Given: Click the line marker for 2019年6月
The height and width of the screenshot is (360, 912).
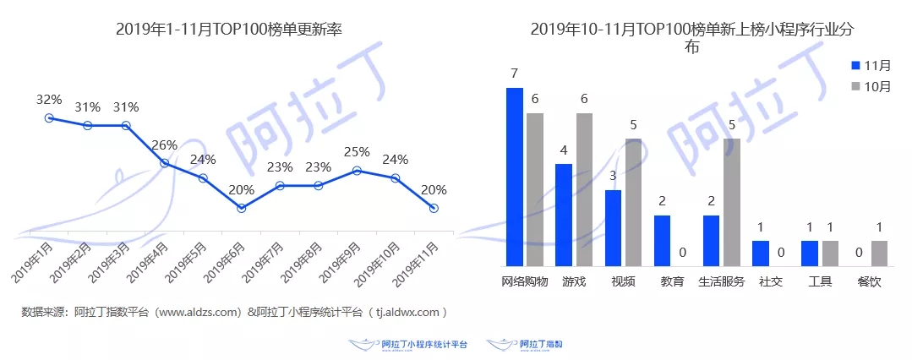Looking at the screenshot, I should point(242,207).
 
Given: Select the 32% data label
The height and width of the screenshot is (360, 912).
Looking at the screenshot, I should point(49,99).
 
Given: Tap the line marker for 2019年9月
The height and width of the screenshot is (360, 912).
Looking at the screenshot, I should point(357,170).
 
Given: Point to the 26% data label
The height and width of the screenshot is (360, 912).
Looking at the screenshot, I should point(164,145).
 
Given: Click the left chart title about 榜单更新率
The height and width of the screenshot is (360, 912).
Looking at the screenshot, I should point(234,30).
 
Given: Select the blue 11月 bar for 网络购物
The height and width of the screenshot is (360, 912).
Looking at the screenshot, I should point(514,177).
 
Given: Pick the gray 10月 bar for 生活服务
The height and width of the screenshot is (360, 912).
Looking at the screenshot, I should point(732,203).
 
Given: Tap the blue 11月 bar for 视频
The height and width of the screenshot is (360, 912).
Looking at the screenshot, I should point(613,228).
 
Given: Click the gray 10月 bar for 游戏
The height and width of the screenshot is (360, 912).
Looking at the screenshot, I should point(584,189).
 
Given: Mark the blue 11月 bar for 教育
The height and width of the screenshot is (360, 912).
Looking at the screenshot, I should point(662,241).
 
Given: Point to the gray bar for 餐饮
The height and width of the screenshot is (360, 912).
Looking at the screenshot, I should point(880,254).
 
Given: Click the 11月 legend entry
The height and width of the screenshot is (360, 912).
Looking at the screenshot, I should point(871,65).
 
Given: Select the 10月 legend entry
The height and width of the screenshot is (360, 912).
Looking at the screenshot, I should point(871,87).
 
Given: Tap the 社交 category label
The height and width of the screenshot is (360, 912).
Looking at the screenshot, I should point(770,281).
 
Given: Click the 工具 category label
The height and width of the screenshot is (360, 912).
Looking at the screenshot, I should point(820,281).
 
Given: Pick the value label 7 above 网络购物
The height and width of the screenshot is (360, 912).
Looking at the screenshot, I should point(514,74).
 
